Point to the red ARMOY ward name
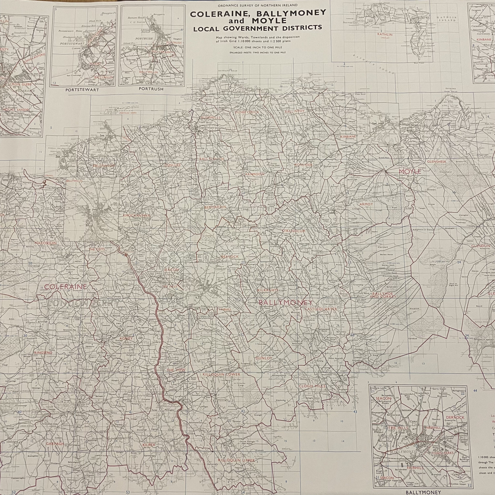point(366,204)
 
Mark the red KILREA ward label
point(149,423)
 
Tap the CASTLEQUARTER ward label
point(321,309)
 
